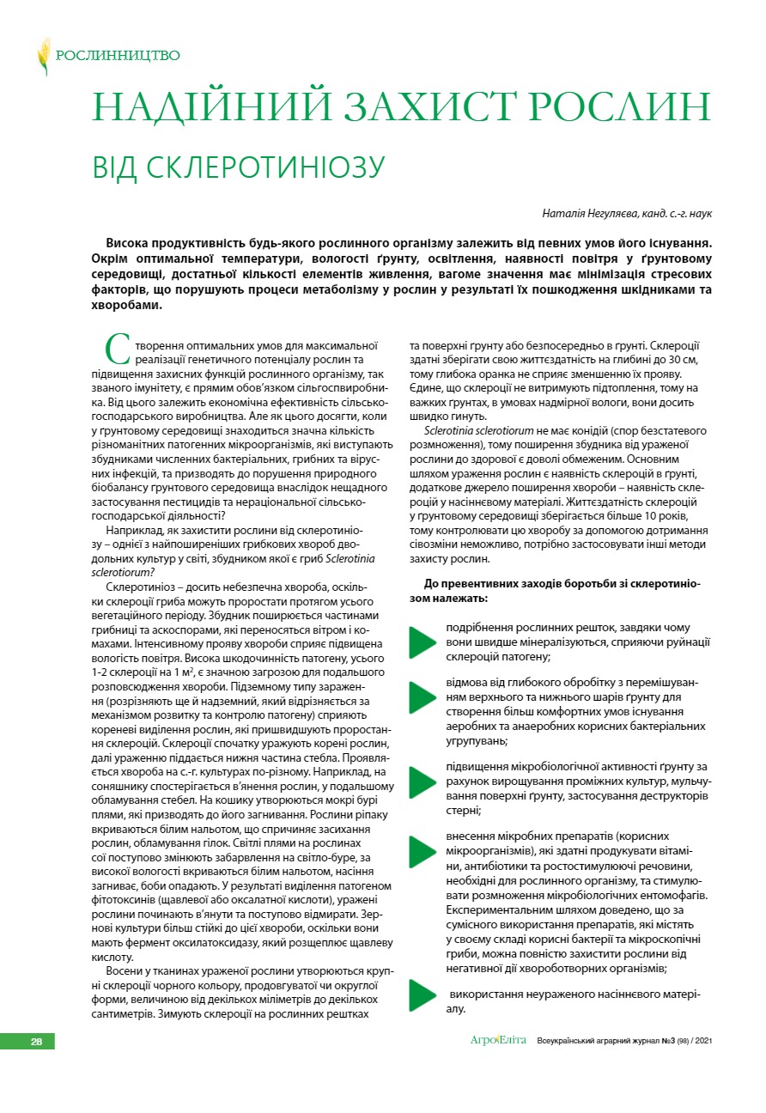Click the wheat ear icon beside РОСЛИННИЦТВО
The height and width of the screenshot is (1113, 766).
point(44,56)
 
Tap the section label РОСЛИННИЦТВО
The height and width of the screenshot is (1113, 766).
point(118,56)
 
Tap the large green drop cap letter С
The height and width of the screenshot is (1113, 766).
point(118,348)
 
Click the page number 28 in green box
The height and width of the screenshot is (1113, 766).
point(37,1042)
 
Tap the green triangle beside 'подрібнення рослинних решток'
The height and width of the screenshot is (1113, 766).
point(423,642)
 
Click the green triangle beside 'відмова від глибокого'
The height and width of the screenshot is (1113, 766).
point(423,697)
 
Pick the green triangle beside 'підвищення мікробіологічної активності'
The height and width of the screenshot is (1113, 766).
point(423,781)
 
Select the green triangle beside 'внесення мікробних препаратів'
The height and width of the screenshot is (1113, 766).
point(423,849)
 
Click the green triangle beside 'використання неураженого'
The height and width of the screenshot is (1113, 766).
point(423,994)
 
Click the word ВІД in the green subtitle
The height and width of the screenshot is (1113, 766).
point(116,167)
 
